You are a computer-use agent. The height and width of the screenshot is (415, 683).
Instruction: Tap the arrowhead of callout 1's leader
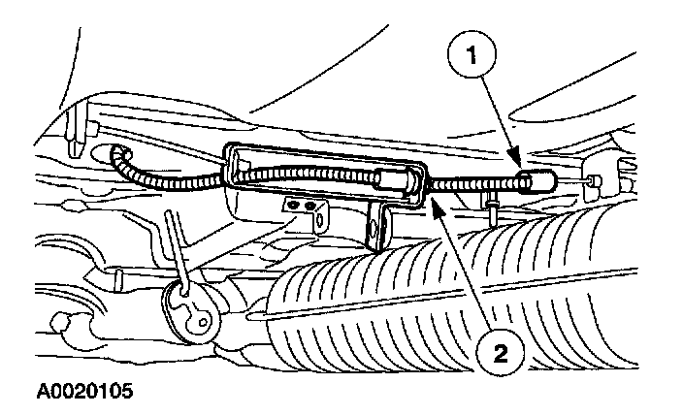[x=522, y=162]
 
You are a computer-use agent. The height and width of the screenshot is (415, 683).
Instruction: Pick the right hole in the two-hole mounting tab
[x=310, y=207]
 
